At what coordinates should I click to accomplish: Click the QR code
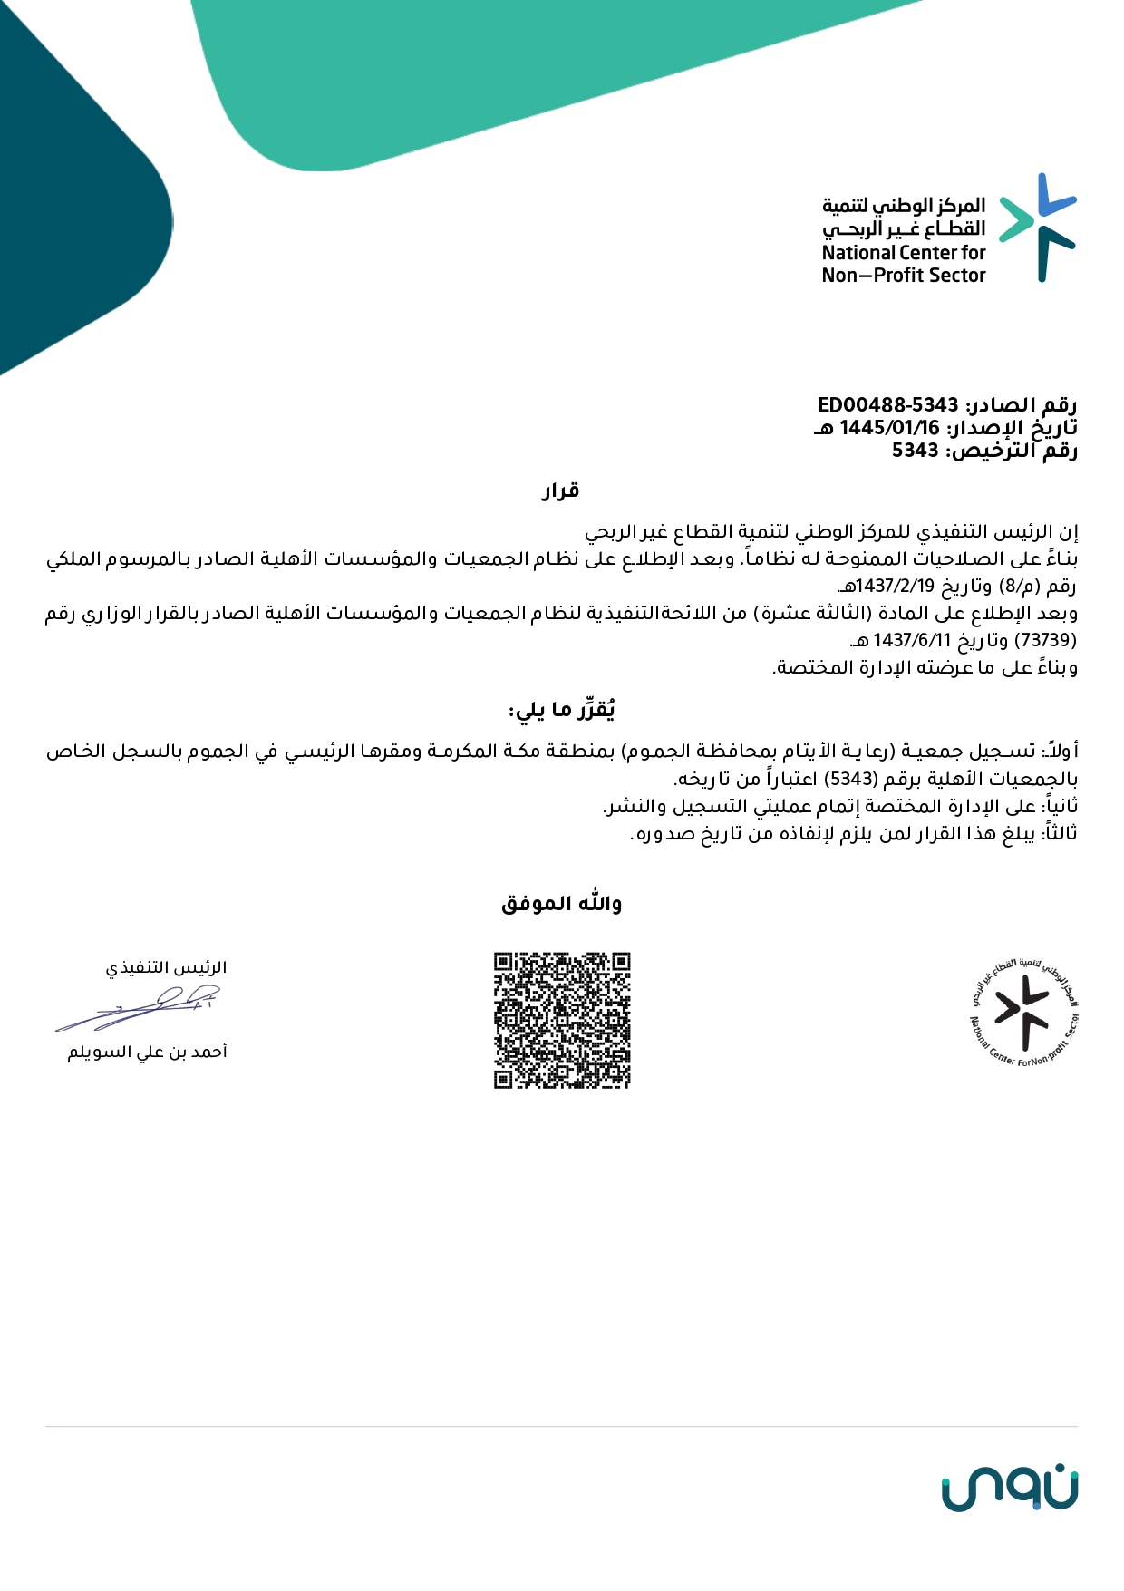point(562,1020)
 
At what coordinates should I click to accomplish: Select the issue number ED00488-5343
point(887,405)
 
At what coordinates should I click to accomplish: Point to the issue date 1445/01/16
point(889,428)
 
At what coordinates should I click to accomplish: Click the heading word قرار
point(561,491)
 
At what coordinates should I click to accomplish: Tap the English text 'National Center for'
point(903,253)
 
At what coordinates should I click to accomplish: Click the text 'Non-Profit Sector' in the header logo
point(903,276)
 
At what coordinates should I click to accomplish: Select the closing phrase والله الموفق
point(561,904)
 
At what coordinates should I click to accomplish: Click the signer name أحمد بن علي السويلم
point(147,1052)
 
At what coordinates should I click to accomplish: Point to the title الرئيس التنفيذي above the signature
point(166,968)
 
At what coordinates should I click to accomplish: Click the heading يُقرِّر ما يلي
point(562,710)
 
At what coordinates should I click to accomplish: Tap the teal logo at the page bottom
point(1009,1489)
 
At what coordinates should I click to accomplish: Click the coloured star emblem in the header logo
point(1038,227)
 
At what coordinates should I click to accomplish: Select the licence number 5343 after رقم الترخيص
point(915,451)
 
